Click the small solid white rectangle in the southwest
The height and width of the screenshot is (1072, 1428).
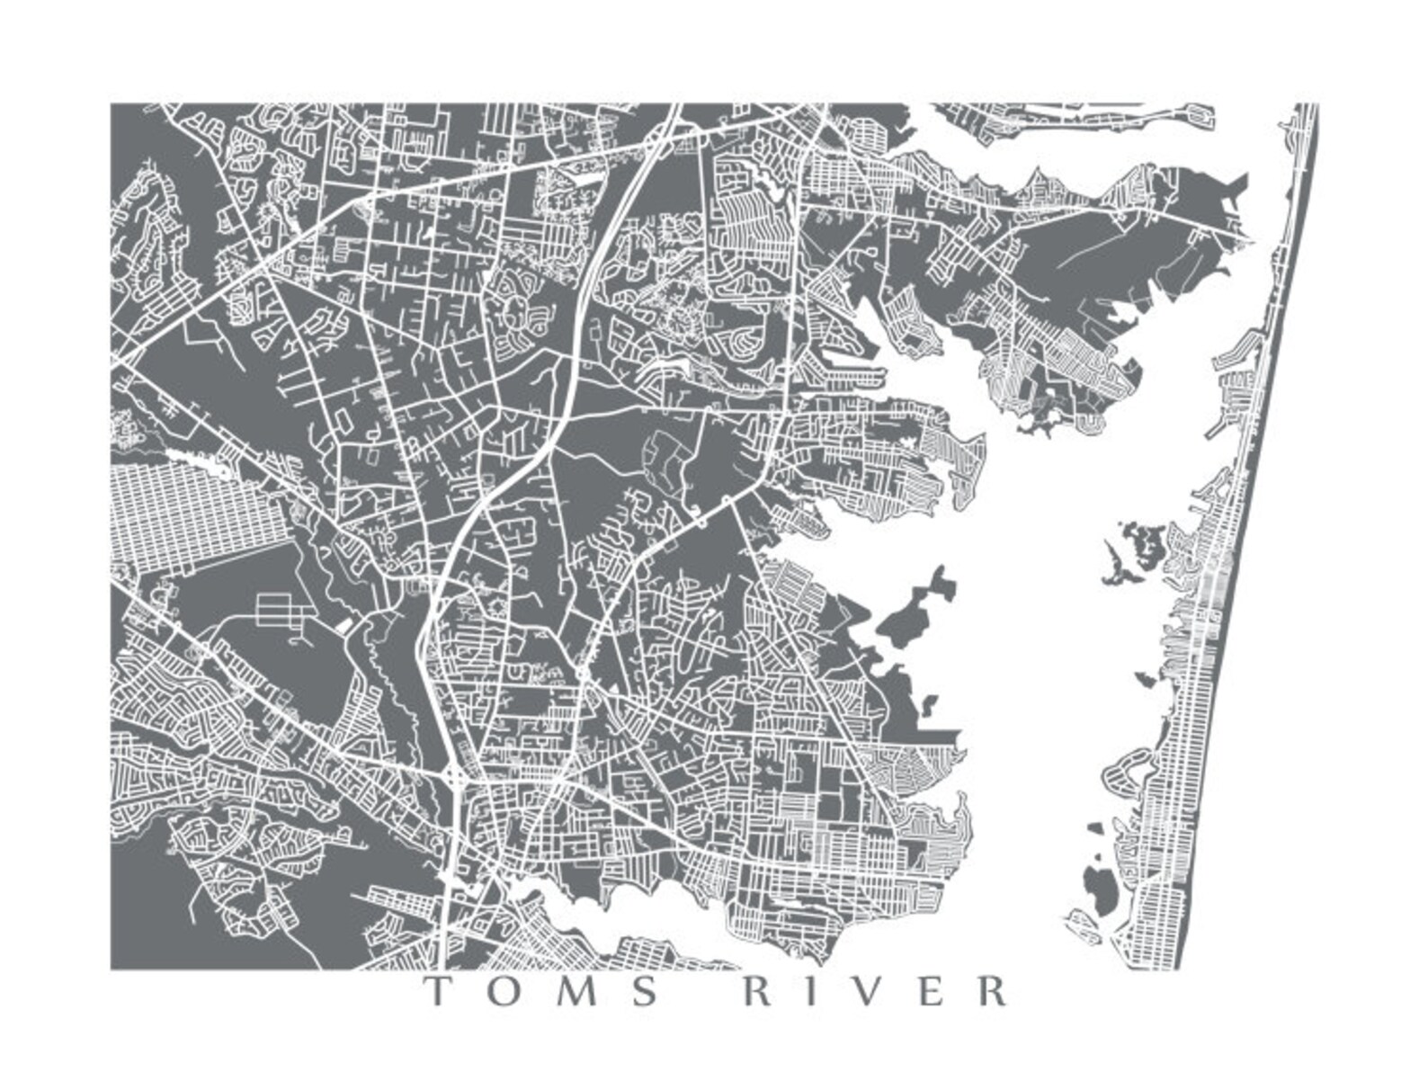pos(346,622)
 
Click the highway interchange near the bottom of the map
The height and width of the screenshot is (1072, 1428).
pos(457,775)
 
